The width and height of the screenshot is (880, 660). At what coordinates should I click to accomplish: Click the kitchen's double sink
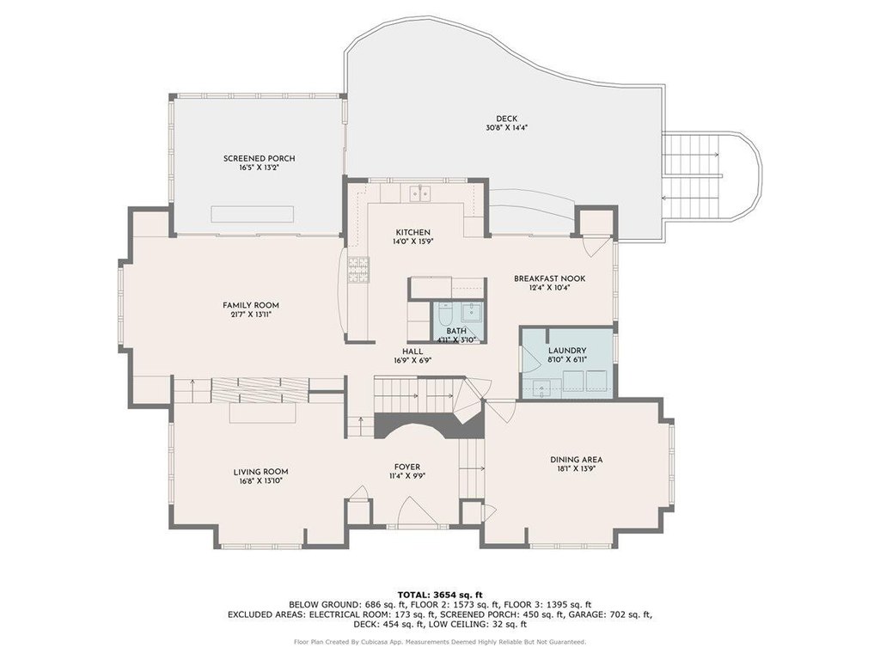coord(420,193)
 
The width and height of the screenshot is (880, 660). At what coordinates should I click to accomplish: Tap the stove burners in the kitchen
coord(359,269)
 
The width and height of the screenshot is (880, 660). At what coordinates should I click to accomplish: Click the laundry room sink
coord(542,388)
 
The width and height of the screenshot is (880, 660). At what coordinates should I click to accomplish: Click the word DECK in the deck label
coord(507,119)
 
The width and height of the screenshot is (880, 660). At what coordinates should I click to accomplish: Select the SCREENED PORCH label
coord(260,158)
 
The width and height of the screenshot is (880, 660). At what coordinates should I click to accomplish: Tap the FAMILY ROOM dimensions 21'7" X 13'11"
coord(251,315)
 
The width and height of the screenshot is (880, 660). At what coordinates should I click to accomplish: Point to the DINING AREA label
coord(577,460)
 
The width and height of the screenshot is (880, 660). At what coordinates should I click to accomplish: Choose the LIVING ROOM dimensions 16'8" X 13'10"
coord(258,480)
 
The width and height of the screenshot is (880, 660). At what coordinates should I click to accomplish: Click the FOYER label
coord(407,467)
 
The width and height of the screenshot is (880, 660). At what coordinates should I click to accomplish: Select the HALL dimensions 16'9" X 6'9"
coord(412,360)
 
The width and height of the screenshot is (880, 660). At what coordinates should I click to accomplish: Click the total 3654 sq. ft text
coord(440,595)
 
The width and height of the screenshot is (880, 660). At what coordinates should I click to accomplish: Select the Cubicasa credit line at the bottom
coord(440,641)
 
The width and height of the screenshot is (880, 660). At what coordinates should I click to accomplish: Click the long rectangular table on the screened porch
coord(253,214)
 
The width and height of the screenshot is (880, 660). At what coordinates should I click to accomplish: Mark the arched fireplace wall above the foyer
coord(429,425)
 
